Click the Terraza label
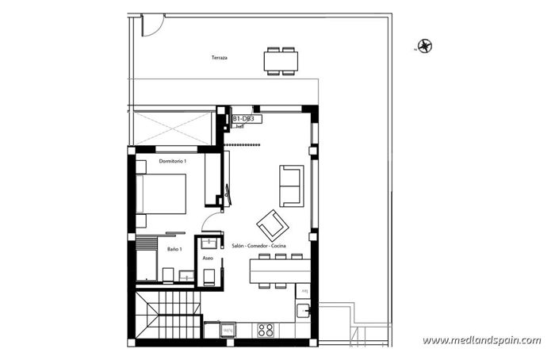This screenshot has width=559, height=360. pyautogui.click(x=220, y=58)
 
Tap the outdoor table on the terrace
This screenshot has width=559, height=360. pyautogui.click(x=281, y=60)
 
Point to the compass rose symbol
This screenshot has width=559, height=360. pyautogui.click(x=426, y=46)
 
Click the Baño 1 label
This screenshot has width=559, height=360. pyautogui.click(x=174, y=249)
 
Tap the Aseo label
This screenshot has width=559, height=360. pyautogui.click(x=208, y=259)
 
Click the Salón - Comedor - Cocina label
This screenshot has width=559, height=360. pyautogui.click(x=258, y=247)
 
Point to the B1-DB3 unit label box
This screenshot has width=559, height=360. pyautogui.click(x=243, y=119)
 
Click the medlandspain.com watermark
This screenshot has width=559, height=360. pyautogui.click(x=481, y=340)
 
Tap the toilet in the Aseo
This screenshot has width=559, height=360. pyautogui.click(x=210, y=276)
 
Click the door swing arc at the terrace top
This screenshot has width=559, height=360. pyautogui.click(x=148, y=24)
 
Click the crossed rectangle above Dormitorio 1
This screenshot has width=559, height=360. pyautogui.click(x=174, y=127)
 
